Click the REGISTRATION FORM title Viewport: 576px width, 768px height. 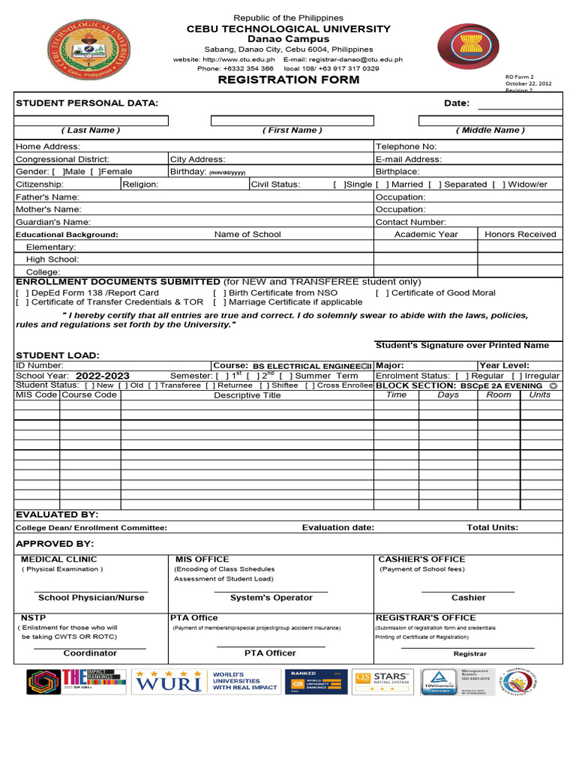[x=289, y=79]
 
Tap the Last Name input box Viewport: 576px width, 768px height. [x=91, y=120]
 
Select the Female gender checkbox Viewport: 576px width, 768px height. [x=94, y=172]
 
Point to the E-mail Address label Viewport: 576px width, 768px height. [x=408, y=159]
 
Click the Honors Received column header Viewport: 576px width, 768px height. [x=520, y=234]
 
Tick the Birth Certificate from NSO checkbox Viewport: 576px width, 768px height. [x=218, y=292]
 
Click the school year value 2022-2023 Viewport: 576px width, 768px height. [x=102, y=376]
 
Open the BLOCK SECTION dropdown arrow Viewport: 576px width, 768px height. [x=553, y=385]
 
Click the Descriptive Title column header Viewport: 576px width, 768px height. [x=247, y=395]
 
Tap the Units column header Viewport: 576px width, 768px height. [x=539, y=394]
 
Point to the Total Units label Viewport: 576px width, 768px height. [x=492, y=527]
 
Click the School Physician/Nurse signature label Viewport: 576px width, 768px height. [x=91, y=598]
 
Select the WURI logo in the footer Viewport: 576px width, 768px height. [x=168, y=680]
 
